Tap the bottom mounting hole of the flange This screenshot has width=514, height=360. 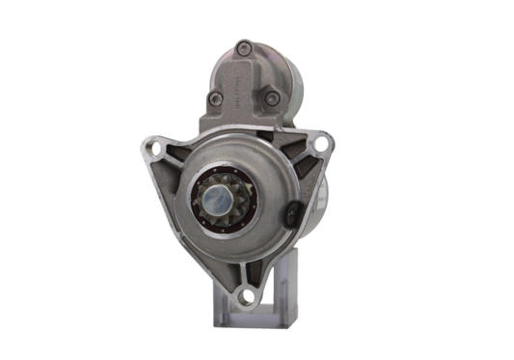pos(254,297)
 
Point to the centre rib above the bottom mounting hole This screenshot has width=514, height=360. pos(253,268)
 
